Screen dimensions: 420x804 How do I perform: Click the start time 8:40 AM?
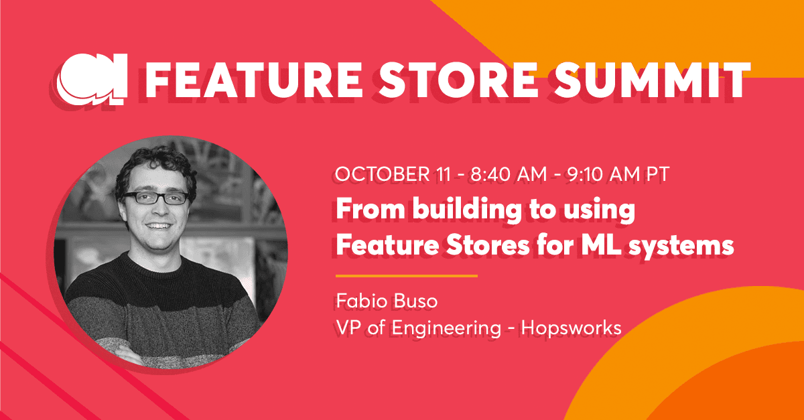point(496,176)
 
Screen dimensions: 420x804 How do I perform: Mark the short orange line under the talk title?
point(406,275)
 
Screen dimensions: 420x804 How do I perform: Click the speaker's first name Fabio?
point(359,301)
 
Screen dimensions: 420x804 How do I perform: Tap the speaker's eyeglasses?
point(155,198)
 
